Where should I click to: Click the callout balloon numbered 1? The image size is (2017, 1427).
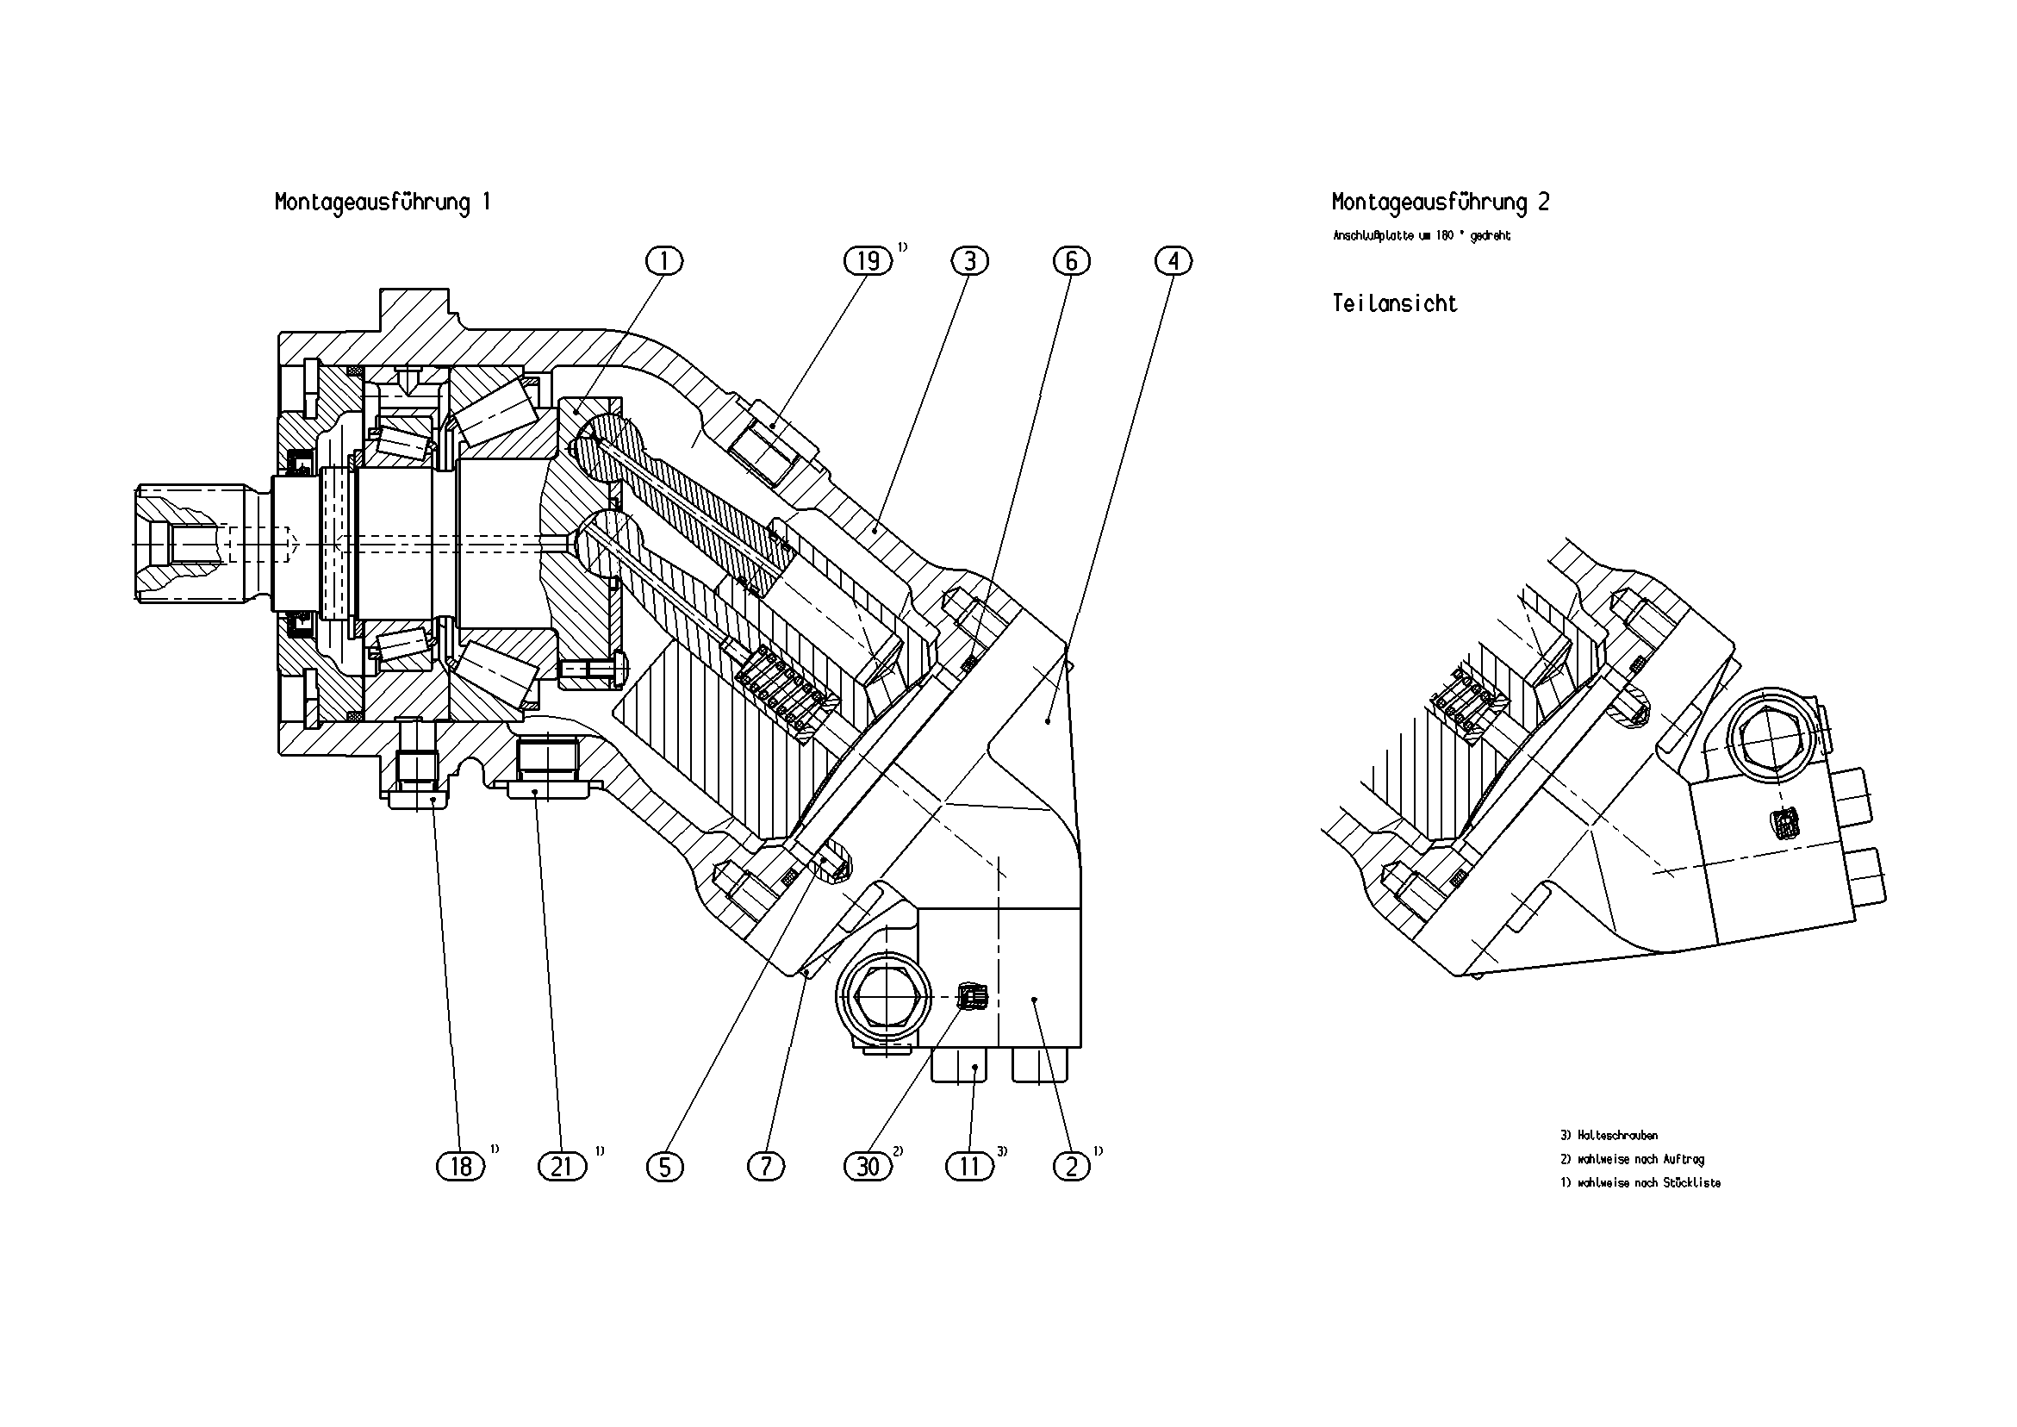tap(664, 261)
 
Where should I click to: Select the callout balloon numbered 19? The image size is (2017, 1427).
tap(868, 261)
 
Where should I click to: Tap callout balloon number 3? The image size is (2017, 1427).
tap(970, 261)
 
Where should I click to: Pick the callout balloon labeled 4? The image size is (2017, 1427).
tap(1173, 261)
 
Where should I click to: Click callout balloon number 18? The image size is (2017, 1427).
tap(460, 1166)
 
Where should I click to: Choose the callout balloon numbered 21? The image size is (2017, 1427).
tap(563, 1166)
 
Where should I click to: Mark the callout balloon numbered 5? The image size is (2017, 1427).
tap(664, 1166)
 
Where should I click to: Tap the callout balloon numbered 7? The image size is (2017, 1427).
tap(766, 1166)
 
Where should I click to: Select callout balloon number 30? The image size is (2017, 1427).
tap(868, 1166)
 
